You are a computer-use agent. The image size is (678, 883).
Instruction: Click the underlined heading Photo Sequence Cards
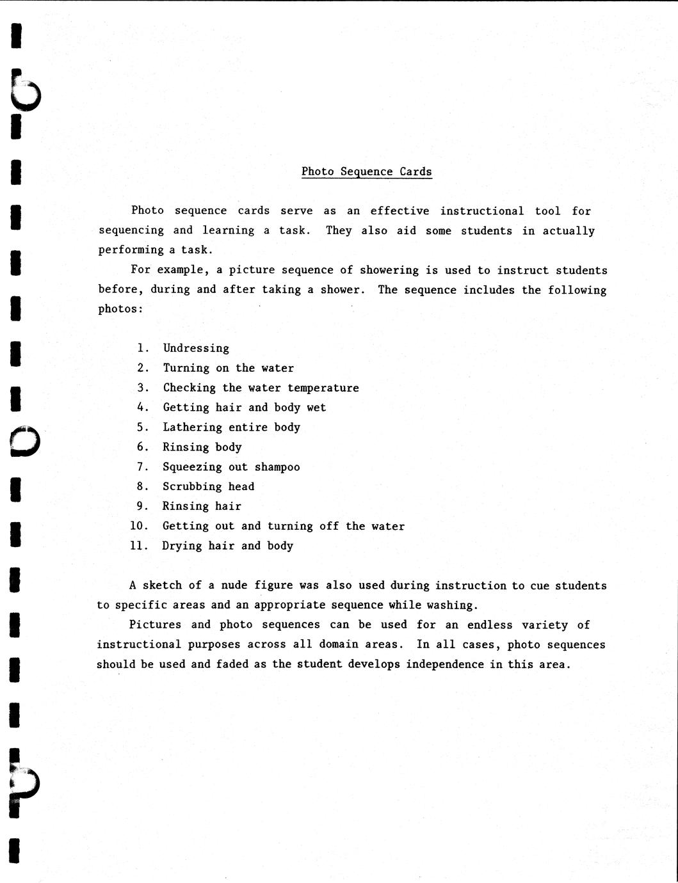tap(366, 171)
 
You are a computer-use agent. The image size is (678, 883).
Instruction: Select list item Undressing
tap(196, 348)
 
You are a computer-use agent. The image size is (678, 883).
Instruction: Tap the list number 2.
tap(142, 368)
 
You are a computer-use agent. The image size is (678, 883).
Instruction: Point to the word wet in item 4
tap(316, 408)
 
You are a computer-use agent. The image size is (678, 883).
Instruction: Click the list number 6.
tap(142, 447)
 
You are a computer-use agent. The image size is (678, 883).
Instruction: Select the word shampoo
tap(277, 467)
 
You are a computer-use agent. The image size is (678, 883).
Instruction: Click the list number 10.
tap(139, 526)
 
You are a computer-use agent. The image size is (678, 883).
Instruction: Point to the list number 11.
tap(139, 546)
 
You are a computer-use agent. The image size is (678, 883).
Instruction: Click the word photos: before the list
tap(120, 309)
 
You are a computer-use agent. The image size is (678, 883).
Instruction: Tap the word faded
tap(232, 664)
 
